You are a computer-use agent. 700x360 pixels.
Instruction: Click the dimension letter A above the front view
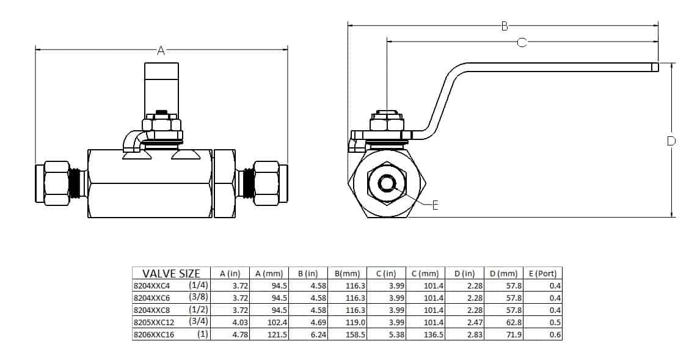pyautogui.click(x=161, y=51)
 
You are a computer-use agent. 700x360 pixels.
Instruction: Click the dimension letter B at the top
pyautogui.click(x=505, y=26)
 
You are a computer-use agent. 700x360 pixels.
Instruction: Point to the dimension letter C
pyautogui.click(x=522, y=42)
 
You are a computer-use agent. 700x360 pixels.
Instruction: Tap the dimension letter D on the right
pyautogui.click(x=671, y=141)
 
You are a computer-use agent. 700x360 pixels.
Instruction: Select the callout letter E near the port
pyautogui.click(x=435, y=206)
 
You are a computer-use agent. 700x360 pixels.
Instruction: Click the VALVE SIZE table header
pyautogui.click(x=171, y=273)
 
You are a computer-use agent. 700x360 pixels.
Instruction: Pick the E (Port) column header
pyautogui.click(x=542, y=273)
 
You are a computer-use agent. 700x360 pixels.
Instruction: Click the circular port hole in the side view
pyautogui.click(x=387, y=183)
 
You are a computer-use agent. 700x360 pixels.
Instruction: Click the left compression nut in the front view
pyautogui.click(x=56, y=183)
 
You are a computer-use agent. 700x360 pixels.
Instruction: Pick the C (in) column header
pyautogui.click(x=386, y=273)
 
